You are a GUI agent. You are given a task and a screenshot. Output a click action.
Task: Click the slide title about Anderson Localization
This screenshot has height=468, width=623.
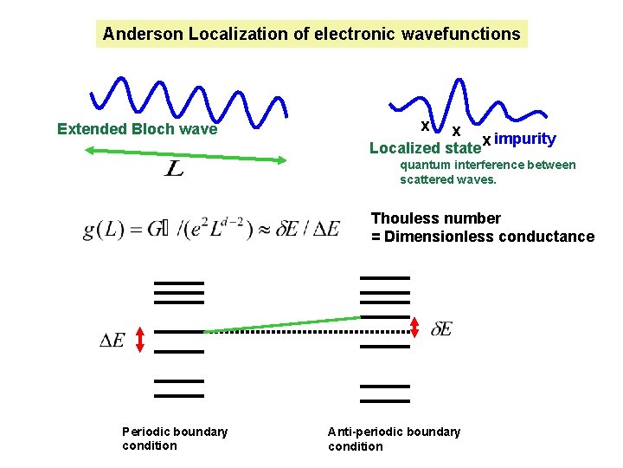(x=311, y=34)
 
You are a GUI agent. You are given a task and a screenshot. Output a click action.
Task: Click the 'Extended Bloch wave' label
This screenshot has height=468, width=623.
(x=137, y=130)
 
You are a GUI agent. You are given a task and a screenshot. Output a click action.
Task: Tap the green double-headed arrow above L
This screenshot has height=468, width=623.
(x=186, y=155)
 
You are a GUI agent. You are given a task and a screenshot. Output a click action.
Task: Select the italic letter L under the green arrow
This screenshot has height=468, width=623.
(x=174, y=169)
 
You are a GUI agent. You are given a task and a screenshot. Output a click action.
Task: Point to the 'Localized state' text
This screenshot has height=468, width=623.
(x=425, y=148)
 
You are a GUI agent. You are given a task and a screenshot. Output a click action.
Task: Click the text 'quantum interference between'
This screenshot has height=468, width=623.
(x=488, y=165)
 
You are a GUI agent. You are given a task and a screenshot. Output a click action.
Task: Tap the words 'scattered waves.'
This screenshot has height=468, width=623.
(x=448, y=179)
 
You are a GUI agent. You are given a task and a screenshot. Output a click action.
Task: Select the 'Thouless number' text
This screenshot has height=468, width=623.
(x=436, y=218)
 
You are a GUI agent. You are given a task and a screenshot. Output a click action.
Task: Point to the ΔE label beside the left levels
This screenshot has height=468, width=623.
(x=112, y=341)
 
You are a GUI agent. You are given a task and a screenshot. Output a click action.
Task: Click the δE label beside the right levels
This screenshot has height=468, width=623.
(x=441, y=329)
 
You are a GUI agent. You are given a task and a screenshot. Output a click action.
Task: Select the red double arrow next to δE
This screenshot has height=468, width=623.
(x=416, y=327)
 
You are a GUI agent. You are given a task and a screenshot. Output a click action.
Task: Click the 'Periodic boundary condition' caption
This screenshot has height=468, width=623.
(x=175, y=439)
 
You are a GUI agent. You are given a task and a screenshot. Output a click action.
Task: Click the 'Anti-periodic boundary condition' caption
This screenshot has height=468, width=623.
(x=394, y=439)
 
